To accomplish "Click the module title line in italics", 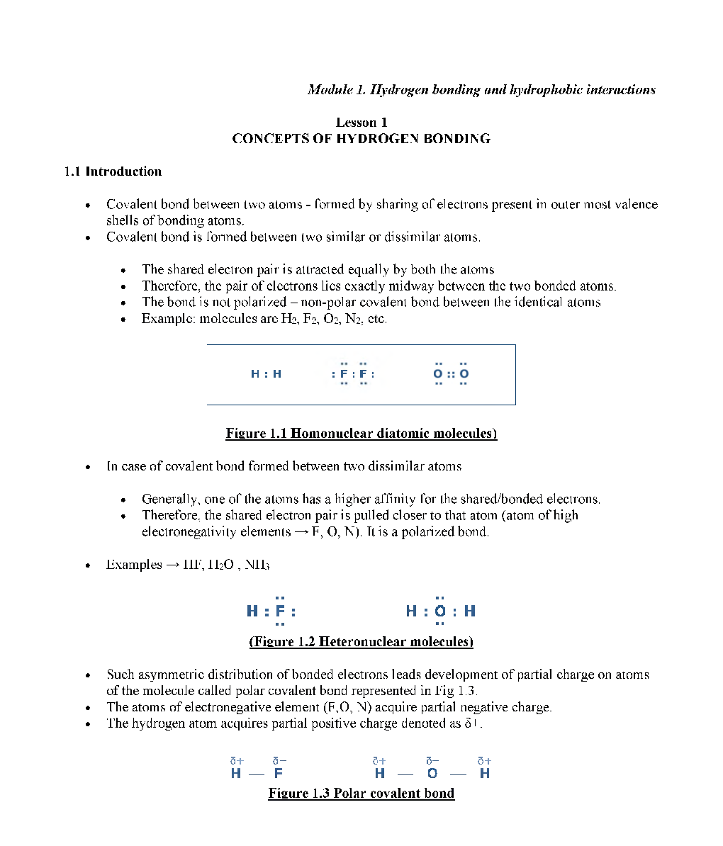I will [x=481, y=90].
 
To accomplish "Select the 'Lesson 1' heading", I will [x=361, y=123].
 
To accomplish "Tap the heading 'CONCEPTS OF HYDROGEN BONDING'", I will [x=361, y=139].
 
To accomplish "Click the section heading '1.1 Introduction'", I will [x=113, y=171].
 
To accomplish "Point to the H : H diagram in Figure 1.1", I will [x=266, y=374].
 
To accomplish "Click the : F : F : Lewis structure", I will [x=353, y=374].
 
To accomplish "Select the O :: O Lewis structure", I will [x=451, y=374].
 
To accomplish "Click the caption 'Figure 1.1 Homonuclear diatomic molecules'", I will [x=361, y=434].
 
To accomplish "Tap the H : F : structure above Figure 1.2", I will [x=271, y=611].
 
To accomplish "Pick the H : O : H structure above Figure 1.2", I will [x=440, y=611].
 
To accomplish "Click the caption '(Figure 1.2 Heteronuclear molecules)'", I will [x=361, y=642].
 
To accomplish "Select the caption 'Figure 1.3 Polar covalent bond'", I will [x=361, y=794].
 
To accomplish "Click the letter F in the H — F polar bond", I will [x=279, y=774].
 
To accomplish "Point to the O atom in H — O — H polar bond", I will [x=432, y=774].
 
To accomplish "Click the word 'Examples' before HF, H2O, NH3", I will [x=134, y=565].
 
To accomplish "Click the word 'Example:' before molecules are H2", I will [x=168, y=319].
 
